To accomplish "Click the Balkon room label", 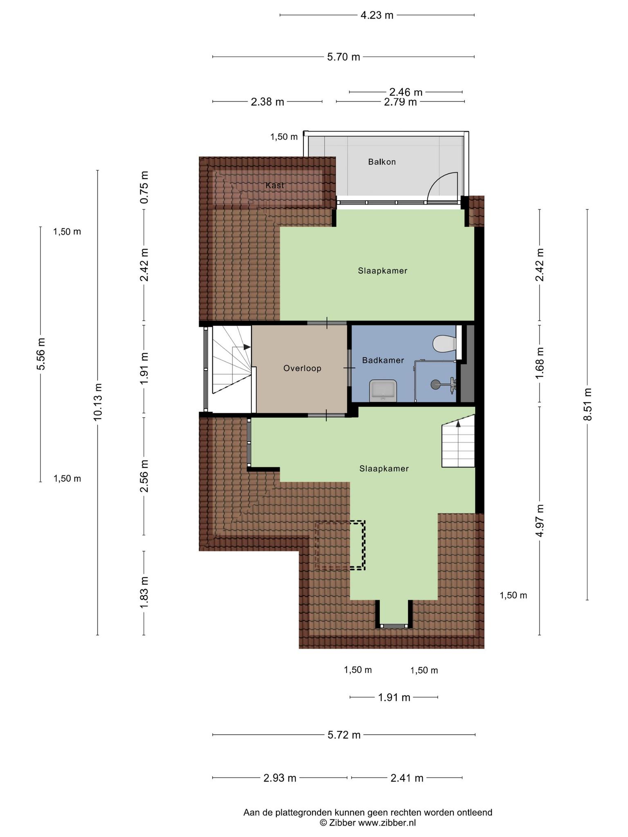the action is [382, 162].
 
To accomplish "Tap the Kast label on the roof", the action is [275, 185].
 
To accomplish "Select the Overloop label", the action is [303, 368].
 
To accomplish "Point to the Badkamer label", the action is [383, 360].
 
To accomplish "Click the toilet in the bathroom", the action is [444, 343].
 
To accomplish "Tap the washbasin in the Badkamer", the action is [383, 390].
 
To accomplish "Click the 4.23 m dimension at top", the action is [377, 15].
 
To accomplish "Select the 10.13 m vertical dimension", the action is [98, 402].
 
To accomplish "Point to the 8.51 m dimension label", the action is [588, 404].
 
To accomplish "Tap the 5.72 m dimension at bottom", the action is [344, 735].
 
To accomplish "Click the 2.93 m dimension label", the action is [280, 778].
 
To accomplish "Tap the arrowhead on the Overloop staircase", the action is [247, 347].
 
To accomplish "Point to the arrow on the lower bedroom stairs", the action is [458, 443].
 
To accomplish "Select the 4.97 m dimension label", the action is [540, 521].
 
